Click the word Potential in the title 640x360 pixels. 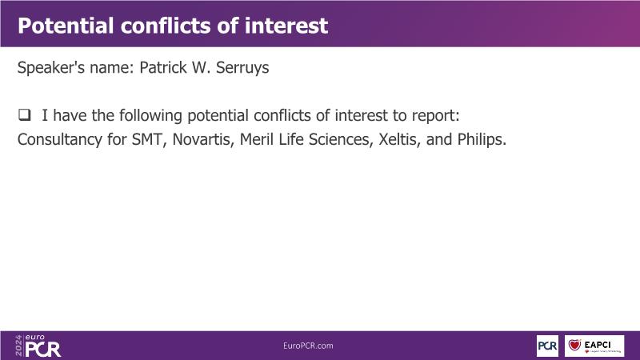[x=66, y=26]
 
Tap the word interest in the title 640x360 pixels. [x=286, y=26]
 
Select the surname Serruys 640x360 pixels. [x=242, y=68]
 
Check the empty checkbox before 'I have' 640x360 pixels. [x=25, y=114]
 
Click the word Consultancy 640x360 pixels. [x=59, y=140]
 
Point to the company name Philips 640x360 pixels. [x=482, y=140]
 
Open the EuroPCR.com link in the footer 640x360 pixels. [x=308, y=346]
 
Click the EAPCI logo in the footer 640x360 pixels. [x=594, y=346]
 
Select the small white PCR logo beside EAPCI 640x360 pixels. [x=547, y=346]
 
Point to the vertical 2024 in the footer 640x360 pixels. [x=18, y=346]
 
